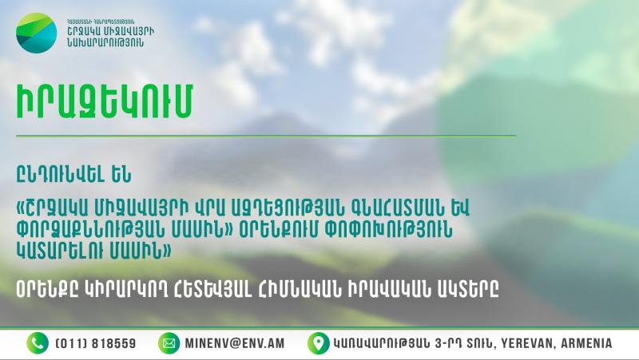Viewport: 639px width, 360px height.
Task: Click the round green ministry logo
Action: [37, 33]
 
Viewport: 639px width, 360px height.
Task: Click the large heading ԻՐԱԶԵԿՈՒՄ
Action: [105, 101]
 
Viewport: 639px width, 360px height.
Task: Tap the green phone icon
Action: [38, 343]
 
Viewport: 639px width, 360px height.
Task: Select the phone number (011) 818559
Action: [95, 343]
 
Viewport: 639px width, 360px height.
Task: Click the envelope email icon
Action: [169, 343]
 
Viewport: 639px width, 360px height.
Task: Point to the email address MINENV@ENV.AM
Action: [235, 343]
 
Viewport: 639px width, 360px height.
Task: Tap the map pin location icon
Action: [318, 343]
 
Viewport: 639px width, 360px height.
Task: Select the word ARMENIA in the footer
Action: [586, 343]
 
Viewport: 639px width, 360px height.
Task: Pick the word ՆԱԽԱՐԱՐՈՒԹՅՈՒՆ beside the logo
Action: [105, 42]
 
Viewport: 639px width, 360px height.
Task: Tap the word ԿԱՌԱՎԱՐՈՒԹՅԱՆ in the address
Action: [381, 343]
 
